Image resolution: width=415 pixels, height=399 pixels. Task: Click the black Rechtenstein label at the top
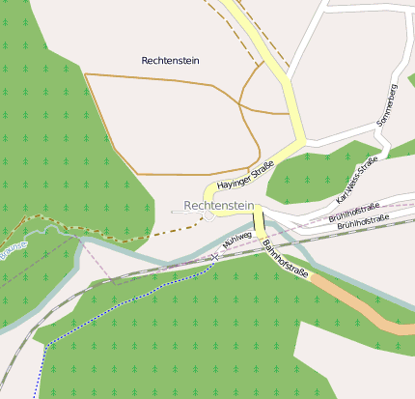[170, 60]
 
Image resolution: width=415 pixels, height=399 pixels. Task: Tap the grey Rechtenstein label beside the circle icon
[218, 205]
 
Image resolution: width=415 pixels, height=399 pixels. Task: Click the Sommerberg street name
[387, 106]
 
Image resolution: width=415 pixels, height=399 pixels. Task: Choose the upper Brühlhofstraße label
[352, 214]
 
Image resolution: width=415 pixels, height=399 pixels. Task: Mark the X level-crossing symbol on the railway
[215, 257]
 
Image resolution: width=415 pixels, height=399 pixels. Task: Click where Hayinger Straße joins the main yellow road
[298, 145]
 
